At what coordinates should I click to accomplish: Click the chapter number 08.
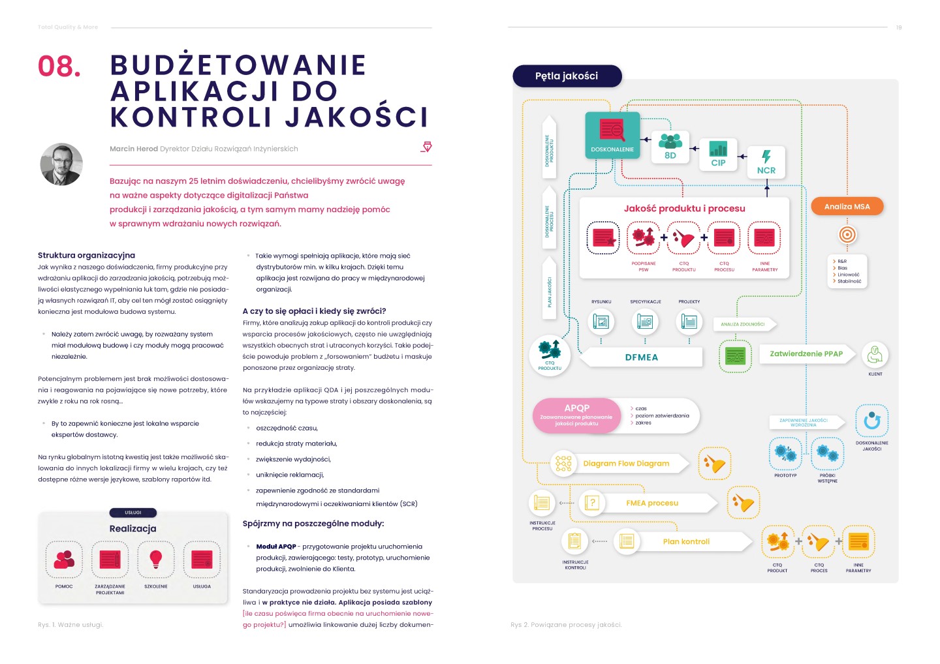click(59, 67)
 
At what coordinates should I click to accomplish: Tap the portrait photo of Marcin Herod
click(61, 164)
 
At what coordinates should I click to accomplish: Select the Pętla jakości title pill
click(567, 76)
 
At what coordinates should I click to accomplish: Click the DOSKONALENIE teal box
click(612, 136)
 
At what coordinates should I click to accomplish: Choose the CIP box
click(718, 155)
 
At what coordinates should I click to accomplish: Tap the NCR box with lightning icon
click(766, 162)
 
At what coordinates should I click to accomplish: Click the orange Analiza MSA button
click(847, 207)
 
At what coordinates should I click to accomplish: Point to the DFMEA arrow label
click(642, 357)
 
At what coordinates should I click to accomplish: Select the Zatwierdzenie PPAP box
click(806, 354)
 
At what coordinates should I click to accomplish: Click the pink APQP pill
click(576, 415)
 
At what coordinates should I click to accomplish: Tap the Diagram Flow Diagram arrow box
click(626, 464)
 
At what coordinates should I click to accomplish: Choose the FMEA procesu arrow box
click(652, 503)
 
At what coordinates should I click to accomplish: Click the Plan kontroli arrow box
click(686, 541)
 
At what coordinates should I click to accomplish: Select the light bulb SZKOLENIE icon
click(155, 560)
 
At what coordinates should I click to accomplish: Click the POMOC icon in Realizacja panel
click(64, 560)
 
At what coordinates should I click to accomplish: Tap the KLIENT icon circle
click(875, 355)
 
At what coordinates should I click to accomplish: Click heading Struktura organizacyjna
click(86, 255)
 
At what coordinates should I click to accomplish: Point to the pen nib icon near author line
click(426, 147)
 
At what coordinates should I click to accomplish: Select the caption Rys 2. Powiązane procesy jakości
click(566, 625)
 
